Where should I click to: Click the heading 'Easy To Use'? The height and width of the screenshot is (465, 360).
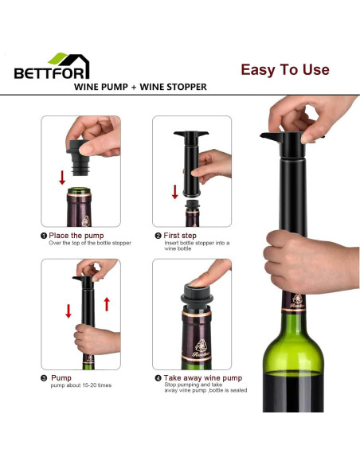[284, 70]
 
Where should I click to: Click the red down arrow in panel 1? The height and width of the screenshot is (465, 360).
[62, 176]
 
